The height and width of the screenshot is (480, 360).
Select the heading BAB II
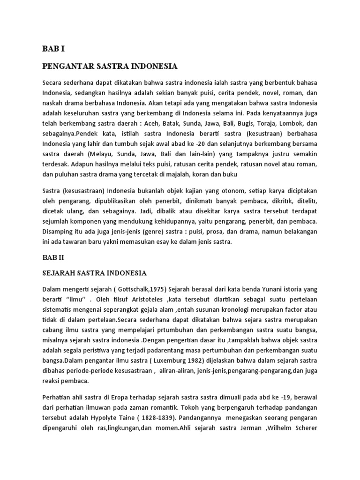[x=53, y=257]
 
